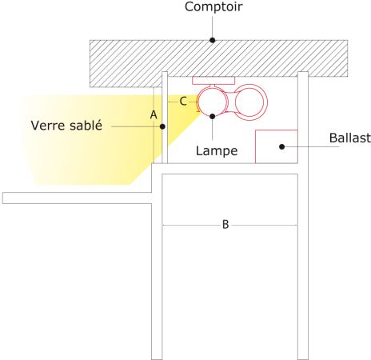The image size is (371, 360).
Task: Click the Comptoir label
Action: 213,7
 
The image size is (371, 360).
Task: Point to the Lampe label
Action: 217,151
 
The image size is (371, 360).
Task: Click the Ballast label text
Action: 350,138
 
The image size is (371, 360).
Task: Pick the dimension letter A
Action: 154,115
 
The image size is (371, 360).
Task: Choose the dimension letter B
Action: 225,225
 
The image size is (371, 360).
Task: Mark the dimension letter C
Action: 183,102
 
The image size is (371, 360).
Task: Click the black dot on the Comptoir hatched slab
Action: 212,40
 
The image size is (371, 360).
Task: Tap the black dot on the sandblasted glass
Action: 162,126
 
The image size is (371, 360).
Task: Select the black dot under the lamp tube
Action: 213,116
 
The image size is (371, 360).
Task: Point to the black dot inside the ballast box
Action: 281,146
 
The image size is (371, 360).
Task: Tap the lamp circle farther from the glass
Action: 267,102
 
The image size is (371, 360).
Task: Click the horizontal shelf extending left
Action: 77,198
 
